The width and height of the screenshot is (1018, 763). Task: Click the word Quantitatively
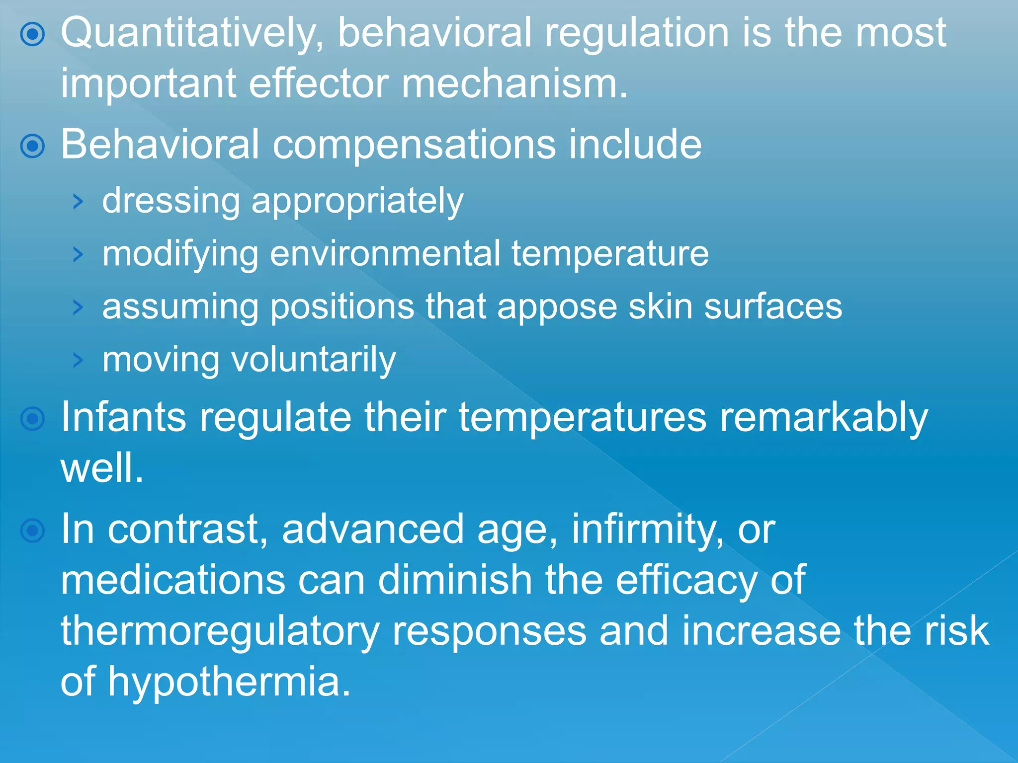coord(192,34)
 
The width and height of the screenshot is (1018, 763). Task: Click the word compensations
coord(414,145)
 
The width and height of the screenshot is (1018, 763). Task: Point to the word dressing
coord(170,201)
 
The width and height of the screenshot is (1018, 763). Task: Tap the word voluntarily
coord(314,360)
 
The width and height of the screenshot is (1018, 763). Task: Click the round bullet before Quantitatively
coord(33,34)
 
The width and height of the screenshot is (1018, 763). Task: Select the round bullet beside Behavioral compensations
coord(33,146)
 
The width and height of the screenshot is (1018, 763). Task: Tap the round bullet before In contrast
coord(33,531)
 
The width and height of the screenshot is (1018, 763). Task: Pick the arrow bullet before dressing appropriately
coord(78,202)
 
